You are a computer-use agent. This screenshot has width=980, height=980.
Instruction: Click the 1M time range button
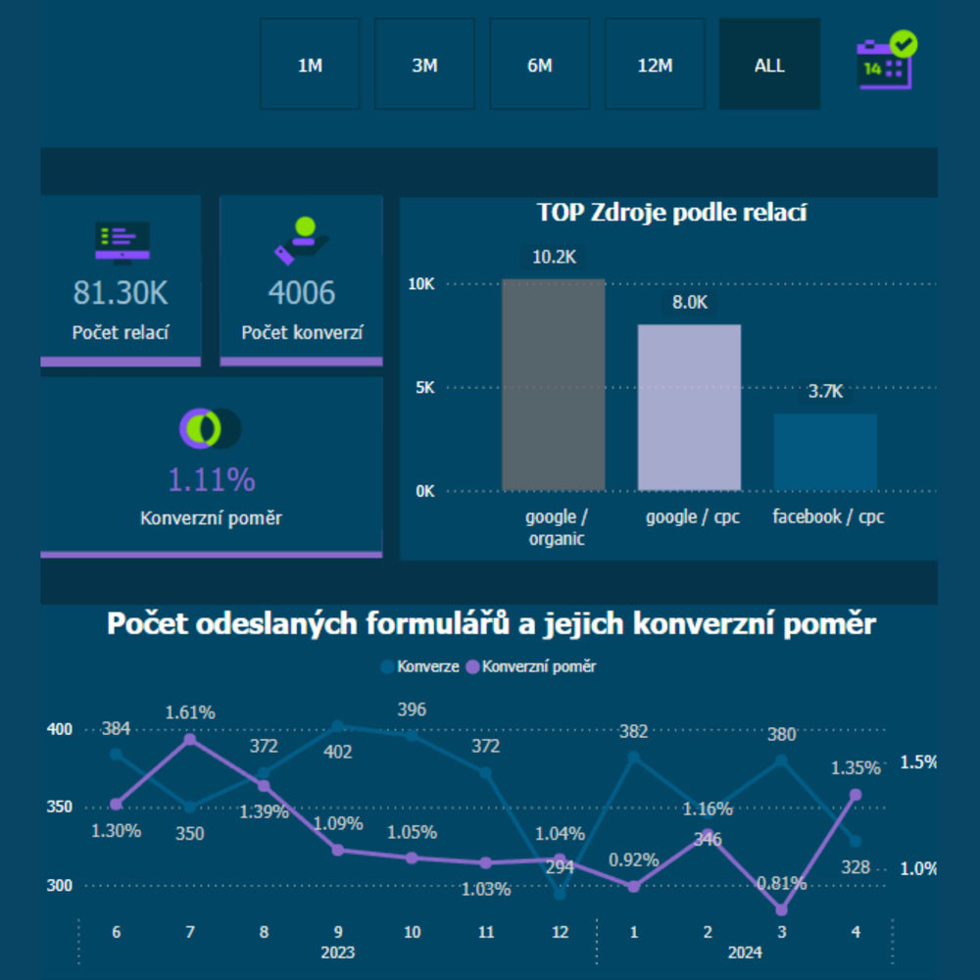pos(310,65)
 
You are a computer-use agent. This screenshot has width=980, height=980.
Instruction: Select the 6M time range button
pos(540,65)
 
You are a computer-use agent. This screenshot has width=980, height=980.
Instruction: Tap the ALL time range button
pos(769,65)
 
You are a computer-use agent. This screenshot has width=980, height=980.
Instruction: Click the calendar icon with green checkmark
pos(886,61)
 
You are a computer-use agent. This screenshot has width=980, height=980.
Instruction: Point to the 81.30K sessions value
pos(122,292)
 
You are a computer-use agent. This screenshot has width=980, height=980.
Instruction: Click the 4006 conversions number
pos(302,292)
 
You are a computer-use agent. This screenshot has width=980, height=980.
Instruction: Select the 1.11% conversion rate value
pos(211,479)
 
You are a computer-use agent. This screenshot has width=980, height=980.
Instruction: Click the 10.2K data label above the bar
pos(554,257)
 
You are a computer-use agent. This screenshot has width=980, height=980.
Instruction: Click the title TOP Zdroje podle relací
pos(671,212)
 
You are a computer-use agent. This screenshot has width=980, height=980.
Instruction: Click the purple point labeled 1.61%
pos(190,739)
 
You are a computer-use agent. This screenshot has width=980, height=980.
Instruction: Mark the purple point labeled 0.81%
pos(781,909)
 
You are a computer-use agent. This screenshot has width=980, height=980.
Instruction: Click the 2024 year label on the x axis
pos(745,952)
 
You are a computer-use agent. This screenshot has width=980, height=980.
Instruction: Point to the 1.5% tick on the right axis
pos(919,762)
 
